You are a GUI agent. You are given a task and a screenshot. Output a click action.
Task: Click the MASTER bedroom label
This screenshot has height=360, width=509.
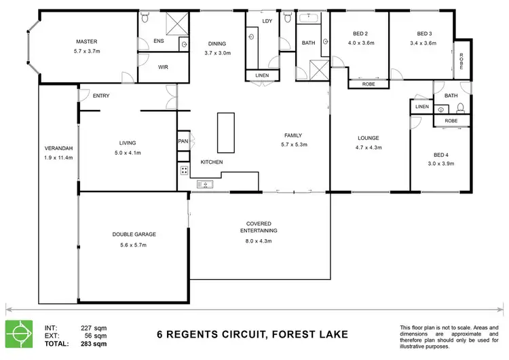tap(88, 41)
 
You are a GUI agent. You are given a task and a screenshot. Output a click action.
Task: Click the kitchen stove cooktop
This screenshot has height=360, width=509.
tap(183, 170)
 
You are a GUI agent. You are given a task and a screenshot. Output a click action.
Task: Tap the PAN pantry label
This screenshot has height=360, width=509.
tap(183, 141)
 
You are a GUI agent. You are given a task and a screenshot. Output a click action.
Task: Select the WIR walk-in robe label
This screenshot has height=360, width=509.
tap(163, 67)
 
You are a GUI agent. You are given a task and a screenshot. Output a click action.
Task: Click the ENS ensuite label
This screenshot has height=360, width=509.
tap(159, 41)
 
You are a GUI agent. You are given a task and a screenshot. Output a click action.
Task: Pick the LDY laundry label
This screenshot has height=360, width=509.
tap(267, 21)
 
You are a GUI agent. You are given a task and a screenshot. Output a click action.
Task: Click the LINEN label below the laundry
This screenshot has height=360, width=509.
tap(261, 75)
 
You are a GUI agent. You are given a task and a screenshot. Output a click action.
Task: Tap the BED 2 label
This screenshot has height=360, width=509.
tap(360, 33)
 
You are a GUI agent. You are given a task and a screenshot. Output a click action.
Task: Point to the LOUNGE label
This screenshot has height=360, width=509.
tap(369, 138)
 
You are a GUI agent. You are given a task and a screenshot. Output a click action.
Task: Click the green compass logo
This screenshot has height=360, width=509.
tap(20, 334)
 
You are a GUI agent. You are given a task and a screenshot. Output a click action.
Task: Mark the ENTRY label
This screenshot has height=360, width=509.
tap(101, 96)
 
